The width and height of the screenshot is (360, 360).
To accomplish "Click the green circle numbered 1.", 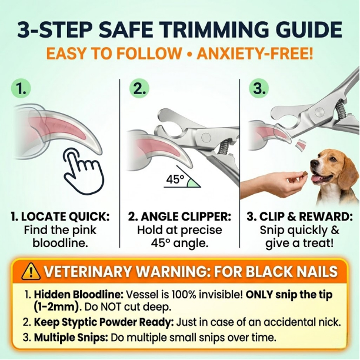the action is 21,88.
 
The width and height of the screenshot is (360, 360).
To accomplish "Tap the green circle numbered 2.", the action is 139,88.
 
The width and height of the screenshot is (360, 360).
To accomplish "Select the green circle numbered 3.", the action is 259,88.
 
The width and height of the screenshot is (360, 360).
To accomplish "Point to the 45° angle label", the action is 175,179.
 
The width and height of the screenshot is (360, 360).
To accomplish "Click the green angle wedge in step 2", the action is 192,183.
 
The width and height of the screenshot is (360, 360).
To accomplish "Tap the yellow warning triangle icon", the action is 31,271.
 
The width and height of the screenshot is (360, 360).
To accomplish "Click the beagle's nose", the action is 313,164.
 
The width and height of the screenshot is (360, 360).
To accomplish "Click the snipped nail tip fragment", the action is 301,144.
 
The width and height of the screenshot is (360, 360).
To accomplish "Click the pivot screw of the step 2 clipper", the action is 206,137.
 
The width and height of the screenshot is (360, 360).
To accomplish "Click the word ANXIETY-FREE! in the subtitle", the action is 255,54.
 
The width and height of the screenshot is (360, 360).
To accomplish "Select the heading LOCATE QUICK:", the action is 65,216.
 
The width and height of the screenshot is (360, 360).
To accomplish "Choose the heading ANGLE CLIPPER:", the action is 186,216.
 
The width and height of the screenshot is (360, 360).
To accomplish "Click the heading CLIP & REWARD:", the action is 306,216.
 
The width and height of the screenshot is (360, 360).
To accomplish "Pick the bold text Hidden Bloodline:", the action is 79,294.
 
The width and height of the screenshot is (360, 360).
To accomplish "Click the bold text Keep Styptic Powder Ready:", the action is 104,322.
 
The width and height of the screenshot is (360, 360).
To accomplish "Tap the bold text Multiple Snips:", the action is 71,338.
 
